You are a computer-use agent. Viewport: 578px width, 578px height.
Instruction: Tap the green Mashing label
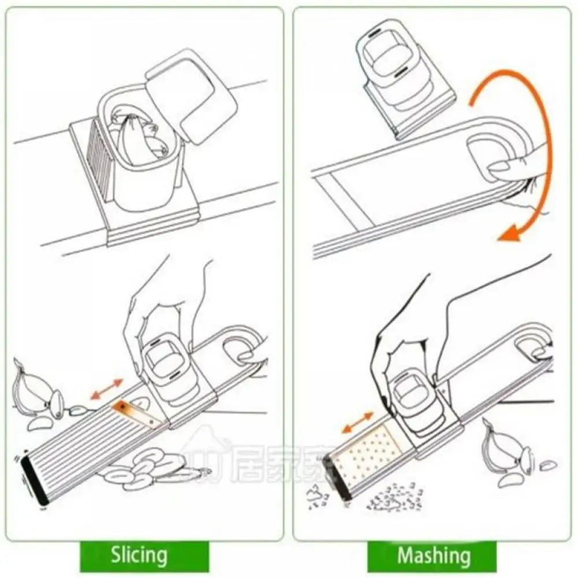(433, 555)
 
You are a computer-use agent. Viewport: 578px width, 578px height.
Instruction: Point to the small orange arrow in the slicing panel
(107, 388)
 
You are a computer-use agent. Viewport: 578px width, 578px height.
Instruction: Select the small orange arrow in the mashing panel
(356, 422)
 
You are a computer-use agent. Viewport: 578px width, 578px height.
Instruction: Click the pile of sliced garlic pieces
(144, 468)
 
